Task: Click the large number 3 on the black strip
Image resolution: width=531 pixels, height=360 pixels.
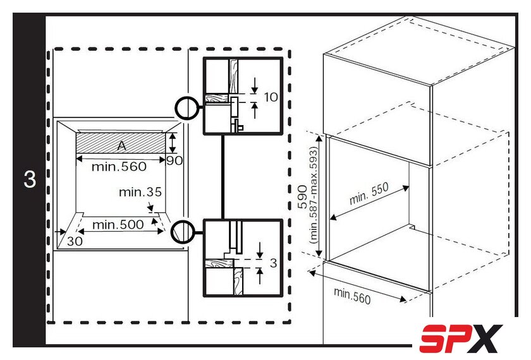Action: (30, 179)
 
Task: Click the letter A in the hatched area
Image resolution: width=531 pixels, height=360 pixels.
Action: (121, 145)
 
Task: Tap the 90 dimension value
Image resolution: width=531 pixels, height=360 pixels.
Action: (174, 160)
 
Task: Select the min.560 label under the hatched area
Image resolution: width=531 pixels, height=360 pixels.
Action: (119, 167)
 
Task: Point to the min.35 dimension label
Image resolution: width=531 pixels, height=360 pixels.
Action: (140, 192)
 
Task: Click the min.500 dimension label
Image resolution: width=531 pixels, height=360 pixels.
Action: (118, 225)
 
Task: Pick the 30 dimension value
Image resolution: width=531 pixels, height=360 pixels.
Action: (75, 241)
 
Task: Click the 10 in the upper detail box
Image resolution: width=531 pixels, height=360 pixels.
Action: (271, 97)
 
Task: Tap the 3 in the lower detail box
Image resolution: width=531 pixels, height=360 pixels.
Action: (273, 263)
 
